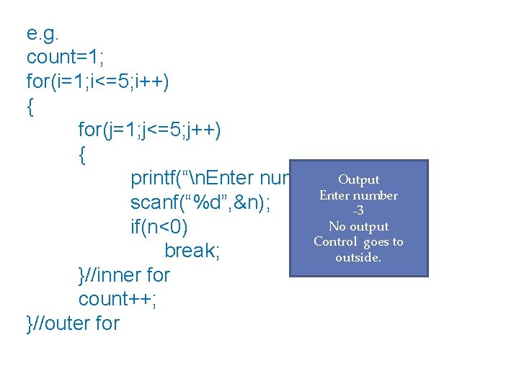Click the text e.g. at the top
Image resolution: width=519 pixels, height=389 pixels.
[45, 34]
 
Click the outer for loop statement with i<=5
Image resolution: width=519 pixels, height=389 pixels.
[98, 82]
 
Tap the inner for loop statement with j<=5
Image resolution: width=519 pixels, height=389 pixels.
[150, 130]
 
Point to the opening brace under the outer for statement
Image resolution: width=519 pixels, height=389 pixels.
[30, 107]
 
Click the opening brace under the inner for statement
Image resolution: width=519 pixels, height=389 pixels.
[82, 155]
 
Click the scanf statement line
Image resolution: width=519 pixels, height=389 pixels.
[201, 203]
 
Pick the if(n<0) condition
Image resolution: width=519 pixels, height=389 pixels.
[159, 227]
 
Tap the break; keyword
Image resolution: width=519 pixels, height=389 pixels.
[192, 251]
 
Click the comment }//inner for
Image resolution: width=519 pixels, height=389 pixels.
[124, 275]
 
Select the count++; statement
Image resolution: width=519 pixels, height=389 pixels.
[117, 299]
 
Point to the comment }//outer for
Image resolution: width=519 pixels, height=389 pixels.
[73, 323]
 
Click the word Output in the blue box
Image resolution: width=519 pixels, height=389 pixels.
[358, 180]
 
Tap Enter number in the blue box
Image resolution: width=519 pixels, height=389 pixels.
[358, 195]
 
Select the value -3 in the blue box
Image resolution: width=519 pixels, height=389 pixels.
[358, 211]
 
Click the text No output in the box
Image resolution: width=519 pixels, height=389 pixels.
[358, 226]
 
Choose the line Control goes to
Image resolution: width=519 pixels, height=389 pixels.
[358, 242]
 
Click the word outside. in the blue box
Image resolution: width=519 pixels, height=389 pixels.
[358, 257]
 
